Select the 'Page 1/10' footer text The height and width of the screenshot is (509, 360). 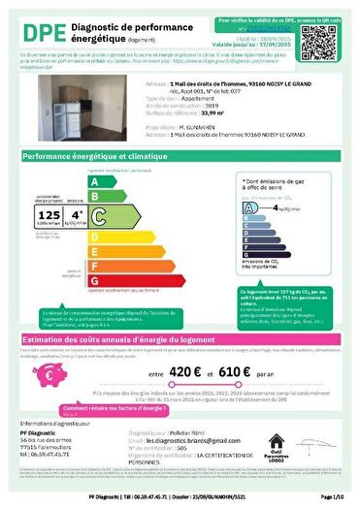(x=327, y=496)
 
